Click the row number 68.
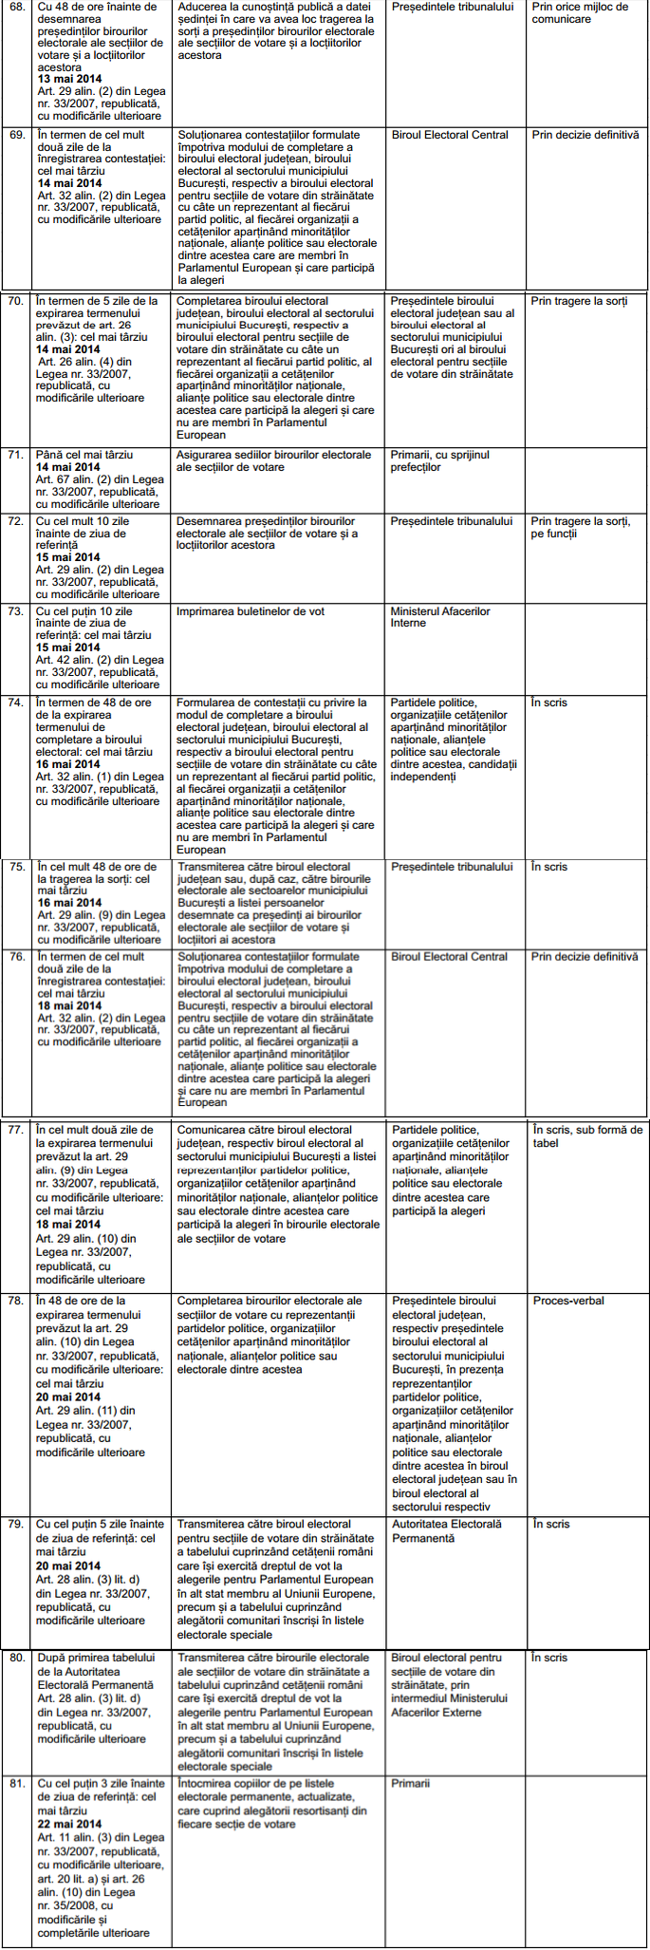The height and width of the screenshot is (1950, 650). click(x=17, y=8)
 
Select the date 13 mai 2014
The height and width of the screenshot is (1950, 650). click(x=69, y=80)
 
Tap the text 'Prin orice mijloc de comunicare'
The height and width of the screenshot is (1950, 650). click(x=580, y=13)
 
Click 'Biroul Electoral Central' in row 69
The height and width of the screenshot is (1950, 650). click(x=450, y=136)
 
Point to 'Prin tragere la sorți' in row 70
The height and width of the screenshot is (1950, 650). click(x=579, y=302)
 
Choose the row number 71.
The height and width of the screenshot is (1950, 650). click(x=16, y=456)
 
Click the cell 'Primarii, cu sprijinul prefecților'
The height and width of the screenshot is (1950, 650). click(x=439, y=461)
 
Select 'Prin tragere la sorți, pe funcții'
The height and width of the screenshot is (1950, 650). click(x=580, y=528)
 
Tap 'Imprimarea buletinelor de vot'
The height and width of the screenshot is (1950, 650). click(x=251, y=612)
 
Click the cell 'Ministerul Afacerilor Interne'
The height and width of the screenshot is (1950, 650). click(x=440, y=618)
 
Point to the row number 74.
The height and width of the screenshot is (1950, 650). click(x=16, y=703)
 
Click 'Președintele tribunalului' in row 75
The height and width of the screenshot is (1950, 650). click(x=452, y=868)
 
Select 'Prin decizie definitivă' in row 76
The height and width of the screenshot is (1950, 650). click(x=585, y=958)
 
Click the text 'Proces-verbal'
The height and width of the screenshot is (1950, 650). click(x=568, y=1302)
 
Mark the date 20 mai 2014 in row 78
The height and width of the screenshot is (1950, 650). click(x=68, y=1397)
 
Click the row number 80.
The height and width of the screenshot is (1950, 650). click(x=17, y=1659)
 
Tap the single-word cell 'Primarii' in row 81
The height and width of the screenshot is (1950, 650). click(x=410, y=1784)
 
